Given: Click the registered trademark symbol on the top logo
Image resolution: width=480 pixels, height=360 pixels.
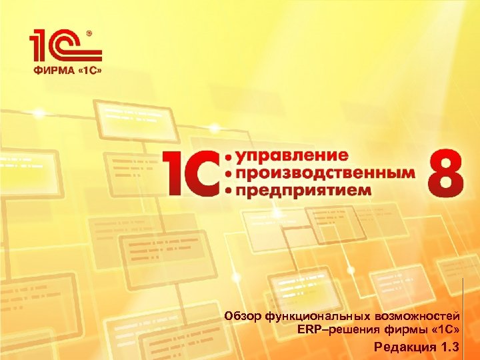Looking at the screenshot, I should pos(89,33).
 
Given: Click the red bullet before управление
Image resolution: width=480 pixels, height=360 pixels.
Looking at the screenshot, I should pos(230,157).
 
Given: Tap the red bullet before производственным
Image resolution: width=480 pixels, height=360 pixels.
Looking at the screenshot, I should pos(230,173).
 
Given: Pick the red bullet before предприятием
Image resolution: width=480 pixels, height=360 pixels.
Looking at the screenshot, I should pos(230,190).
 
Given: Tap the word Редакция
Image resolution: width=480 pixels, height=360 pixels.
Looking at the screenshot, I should pos(400,347).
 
